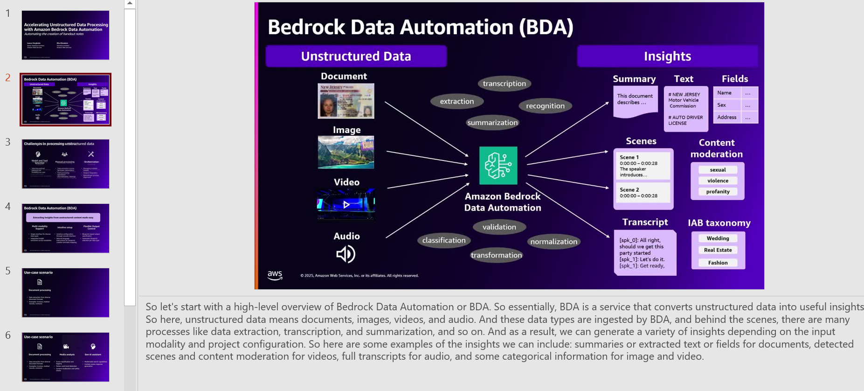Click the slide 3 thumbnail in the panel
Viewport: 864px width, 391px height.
(65, 164)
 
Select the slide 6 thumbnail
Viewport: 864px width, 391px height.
(65, 357)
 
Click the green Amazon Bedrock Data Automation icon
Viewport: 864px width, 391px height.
(498, 166)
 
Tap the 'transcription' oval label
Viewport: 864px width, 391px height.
(504, 84)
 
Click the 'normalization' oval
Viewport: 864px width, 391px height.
(553, 241)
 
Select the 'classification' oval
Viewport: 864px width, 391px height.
(443, 240)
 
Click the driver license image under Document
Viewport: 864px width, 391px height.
(346, 101)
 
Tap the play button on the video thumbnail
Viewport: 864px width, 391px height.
(346, 204)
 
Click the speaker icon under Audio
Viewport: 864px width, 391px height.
(346, 254)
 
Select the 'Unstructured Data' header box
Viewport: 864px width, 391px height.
(356, 56)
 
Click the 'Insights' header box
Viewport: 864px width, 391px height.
(667, 56)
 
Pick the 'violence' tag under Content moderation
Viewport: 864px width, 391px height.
(718, 181)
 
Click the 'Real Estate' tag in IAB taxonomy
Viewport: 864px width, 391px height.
(718, 250)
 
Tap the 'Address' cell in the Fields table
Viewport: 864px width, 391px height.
(726, 117)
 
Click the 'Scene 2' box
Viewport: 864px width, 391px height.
(643, 193)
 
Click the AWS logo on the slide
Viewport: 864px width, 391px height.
(275, 275)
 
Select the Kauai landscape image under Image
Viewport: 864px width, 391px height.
(346, 152)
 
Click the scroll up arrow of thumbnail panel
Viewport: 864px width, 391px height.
(130, 4)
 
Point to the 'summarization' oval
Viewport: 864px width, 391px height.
(492, 123)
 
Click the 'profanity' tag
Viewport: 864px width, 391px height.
(718, 192)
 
